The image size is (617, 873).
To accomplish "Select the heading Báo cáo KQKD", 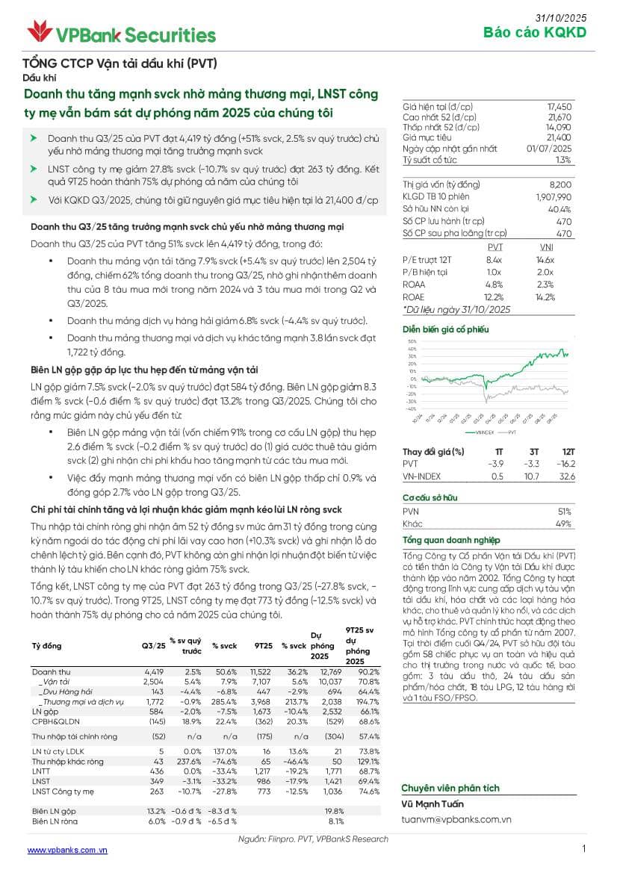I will [535, 32].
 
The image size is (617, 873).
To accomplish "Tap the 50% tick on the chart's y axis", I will [412, 349].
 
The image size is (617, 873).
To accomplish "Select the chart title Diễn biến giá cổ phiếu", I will [445, 329].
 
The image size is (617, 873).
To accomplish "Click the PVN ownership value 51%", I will [565, 512].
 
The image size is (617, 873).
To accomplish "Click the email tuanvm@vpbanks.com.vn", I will [456, 819].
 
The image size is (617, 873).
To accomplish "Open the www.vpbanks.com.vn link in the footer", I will [67, 850].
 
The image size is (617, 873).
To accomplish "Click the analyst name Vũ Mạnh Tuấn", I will [432, 804].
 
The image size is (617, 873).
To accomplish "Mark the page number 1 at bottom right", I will [583, 848].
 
